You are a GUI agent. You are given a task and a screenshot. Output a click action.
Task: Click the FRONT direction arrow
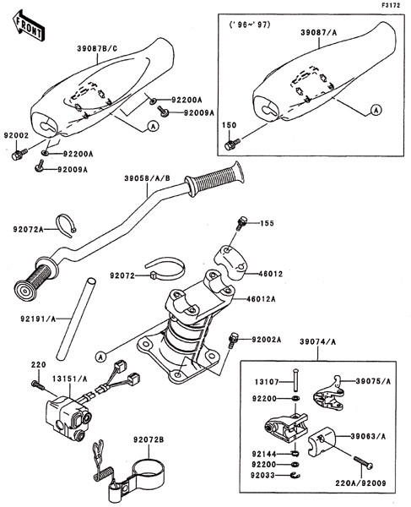[x=28, y=25]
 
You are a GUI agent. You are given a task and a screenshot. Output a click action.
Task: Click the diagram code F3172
[x=391, y=5]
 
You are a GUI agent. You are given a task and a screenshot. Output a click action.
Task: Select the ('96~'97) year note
[x=249, y=25]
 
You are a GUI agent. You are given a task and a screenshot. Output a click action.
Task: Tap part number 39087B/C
[x=97, y=49]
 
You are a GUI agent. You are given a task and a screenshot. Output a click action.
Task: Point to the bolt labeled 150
[x=232, y=144]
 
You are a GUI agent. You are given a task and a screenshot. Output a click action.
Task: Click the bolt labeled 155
[x=242, y=223]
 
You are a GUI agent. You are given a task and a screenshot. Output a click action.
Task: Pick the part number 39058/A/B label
[x=147, y=179]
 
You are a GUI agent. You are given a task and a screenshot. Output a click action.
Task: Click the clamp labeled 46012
[x=231, y=263]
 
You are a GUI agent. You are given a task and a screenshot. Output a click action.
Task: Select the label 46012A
[x=261, y=299]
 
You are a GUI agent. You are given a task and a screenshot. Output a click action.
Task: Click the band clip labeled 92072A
[x=66, y=225]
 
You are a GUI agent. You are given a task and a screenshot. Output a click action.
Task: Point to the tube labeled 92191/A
[x=76, y=319]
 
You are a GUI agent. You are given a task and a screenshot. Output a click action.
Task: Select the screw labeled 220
[x=37, y=384]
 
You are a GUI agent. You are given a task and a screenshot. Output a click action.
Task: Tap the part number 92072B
[x=149, y=439]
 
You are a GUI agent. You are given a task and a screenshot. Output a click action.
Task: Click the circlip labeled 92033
[x=295, y=475]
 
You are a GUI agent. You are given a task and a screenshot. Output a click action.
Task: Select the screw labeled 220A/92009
[x=363, y=461]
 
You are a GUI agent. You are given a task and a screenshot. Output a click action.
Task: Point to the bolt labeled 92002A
[x=232, y=341]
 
